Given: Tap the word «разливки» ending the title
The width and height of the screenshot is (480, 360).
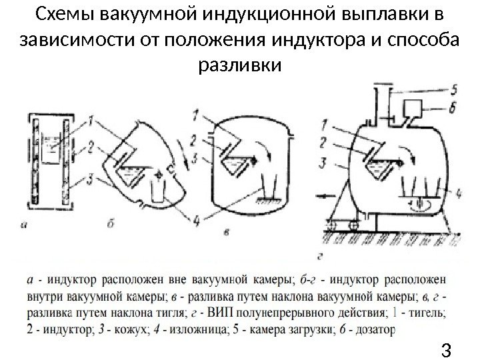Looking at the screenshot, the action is pyautogui.click(x=241, y=65).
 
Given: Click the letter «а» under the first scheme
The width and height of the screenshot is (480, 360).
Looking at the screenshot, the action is pyautogui.click(x=25, y=225).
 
